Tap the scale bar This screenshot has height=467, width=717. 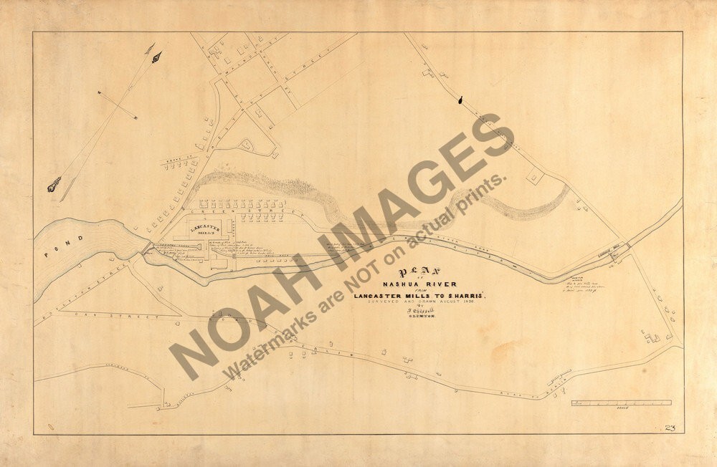point(621,403)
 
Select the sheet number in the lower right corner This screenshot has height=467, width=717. point(670,427)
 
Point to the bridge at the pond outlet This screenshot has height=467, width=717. point(147,247)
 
